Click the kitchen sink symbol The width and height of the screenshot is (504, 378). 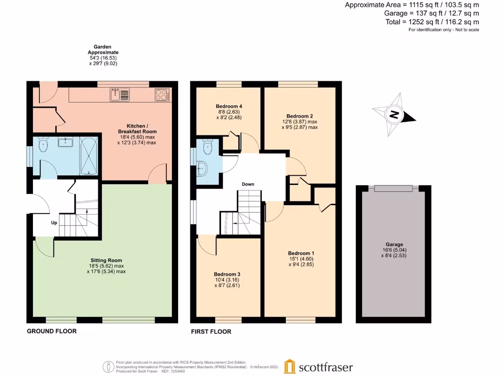tap(120, 94)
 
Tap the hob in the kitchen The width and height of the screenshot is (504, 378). tap(162, 94)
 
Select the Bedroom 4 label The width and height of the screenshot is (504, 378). tap(229, 106)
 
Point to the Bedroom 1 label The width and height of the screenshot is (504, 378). tap(301, 253)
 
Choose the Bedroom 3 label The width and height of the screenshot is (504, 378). tap(227, 274)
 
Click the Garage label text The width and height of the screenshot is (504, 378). tap(394, 245)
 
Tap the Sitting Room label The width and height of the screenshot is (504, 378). tap(106, 260)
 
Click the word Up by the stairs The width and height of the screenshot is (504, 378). tap(54, 223)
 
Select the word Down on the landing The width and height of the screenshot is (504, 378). tap(248, 185)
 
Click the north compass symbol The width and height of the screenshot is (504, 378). tap(394, 115)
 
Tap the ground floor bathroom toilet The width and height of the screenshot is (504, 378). tap(43, 145)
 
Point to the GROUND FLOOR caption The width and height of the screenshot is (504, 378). tap(52, 331)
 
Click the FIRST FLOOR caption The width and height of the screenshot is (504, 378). tap(211, 332)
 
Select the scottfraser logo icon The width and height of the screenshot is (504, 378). tap(290, 367)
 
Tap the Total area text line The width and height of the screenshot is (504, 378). tap(432, 22)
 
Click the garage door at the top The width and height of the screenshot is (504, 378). tap(393, 188)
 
